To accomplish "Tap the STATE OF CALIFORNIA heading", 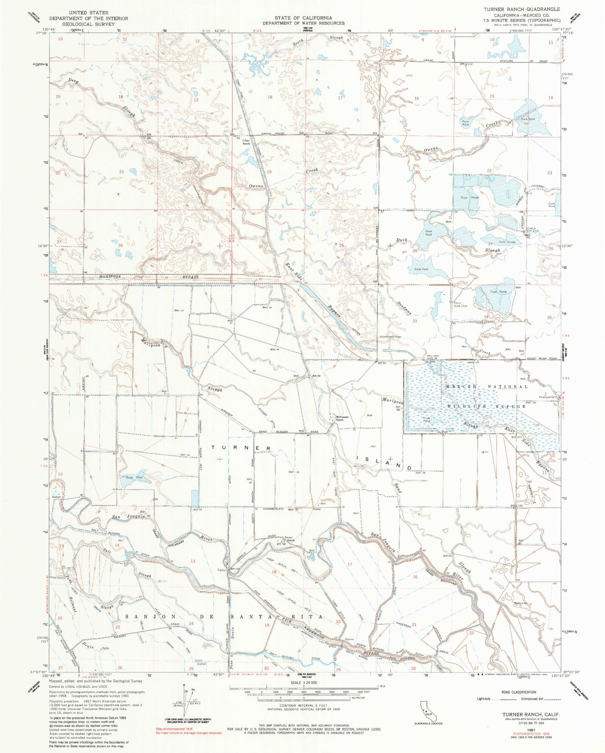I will (303, 18).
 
